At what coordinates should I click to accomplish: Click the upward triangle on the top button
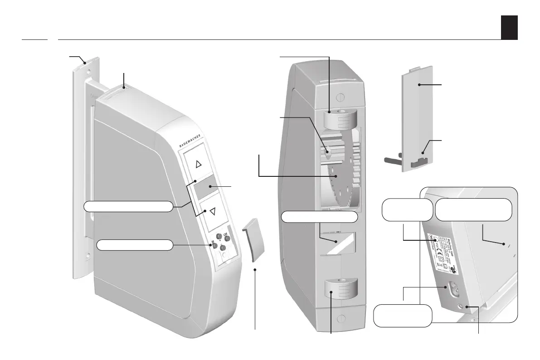[x=197, y=164]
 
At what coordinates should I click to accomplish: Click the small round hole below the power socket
[x=464, y=306]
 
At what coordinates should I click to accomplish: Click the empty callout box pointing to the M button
[x=135, y=245]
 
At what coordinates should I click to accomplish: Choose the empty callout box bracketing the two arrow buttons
[x=128, y=206]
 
